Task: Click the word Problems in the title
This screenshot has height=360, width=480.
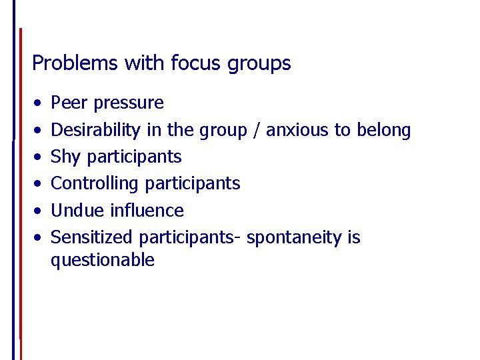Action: click(65, 63)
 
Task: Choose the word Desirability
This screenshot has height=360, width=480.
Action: click(96, 130)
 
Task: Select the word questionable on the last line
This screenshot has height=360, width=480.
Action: click(103, 260)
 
